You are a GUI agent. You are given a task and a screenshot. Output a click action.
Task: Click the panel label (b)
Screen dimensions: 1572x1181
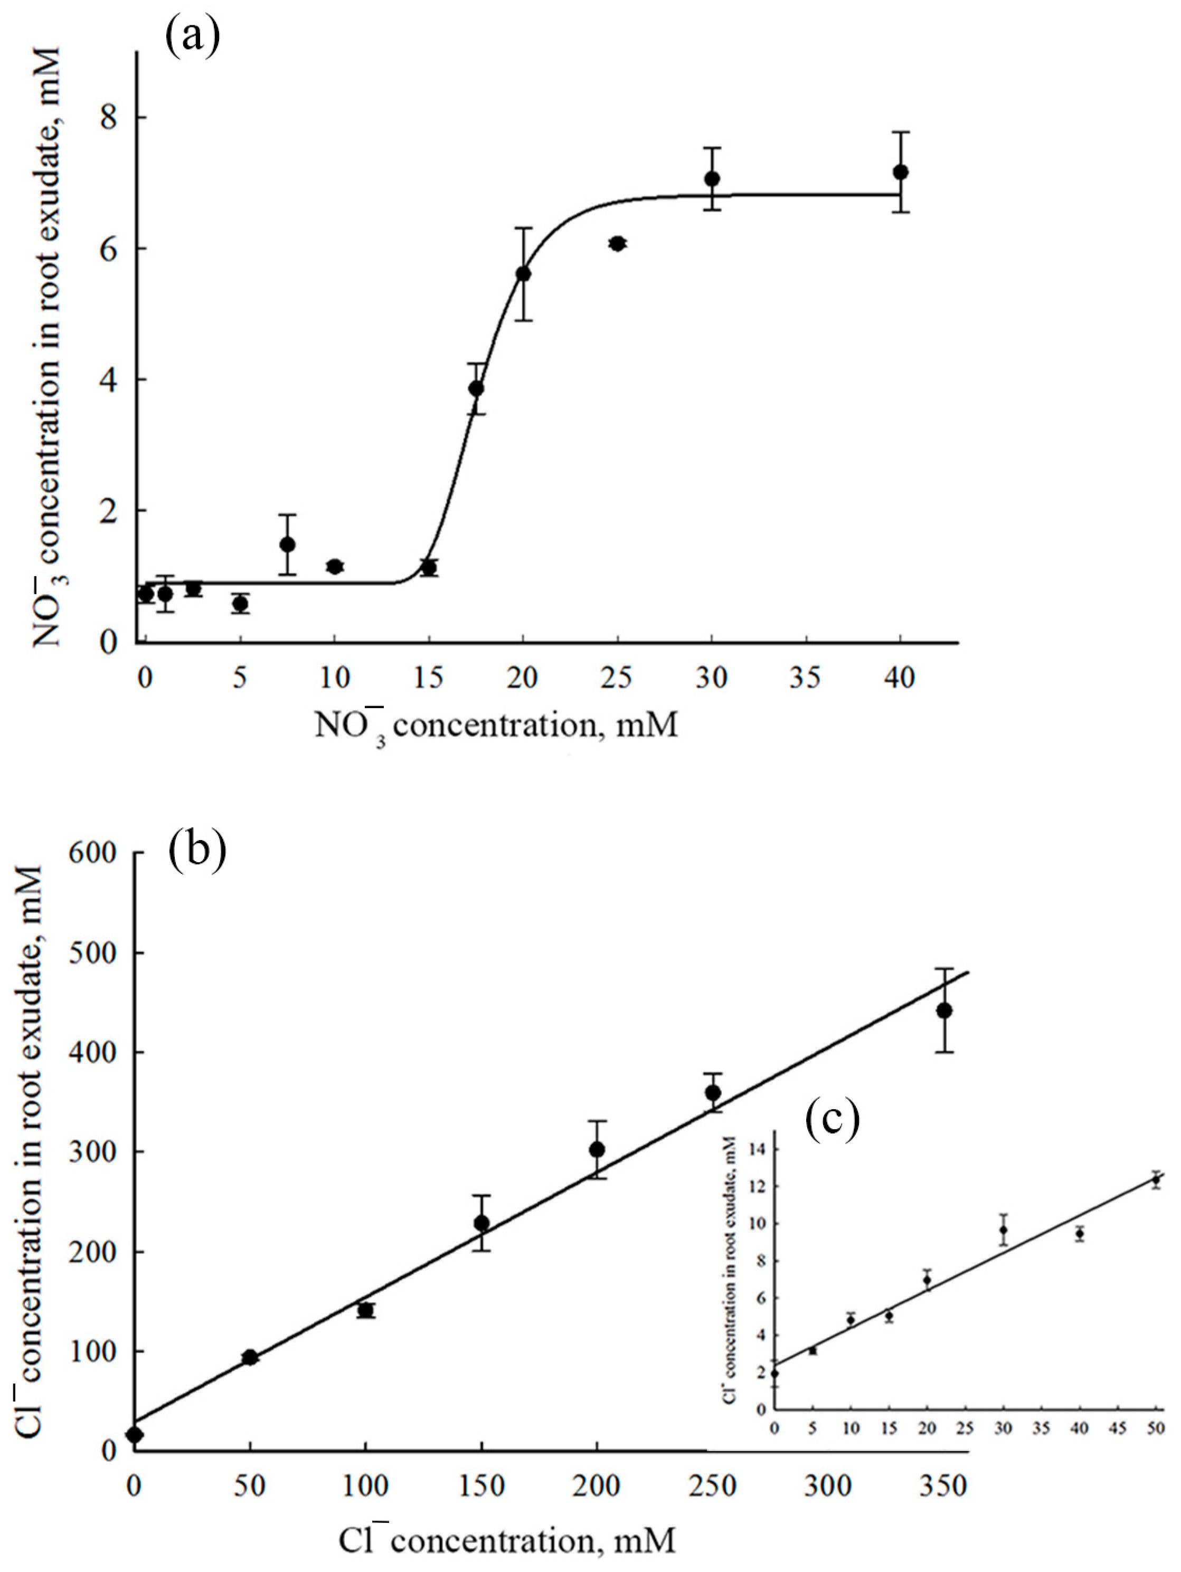coord(197,851)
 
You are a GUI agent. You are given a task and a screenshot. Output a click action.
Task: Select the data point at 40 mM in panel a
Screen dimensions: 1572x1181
coord(900,172)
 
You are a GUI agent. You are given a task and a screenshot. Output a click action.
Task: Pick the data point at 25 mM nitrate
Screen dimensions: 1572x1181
coord(617,244)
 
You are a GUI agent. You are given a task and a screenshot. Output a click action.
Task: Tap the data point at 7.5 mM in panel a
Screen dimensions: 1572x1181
coord(287,545)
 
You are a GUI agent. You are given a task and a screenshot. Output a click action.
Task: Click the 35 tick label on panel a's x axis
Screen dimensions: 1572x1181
coord(806,679)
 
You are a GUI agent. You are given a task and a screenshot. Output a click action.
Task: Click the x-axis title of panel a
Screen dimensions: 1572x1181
coord(496,726)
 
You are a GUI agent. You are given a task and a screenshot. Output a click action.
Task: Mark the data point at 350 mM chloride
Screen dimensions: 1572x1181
coord(944,1011)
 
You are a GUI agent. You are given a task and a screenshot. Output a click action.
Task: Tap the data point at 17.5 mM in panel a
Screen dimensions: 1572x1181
coord(476,388)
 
